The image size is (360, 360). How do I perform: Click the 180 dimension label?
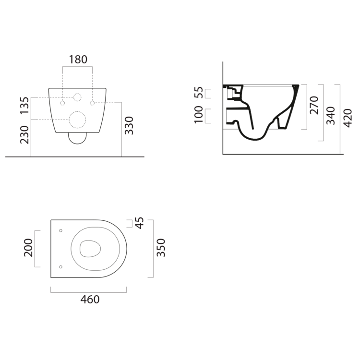78,60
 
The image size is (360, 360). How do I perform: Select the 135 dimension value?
24,106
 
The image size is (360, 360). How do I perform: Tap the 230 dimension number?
24,135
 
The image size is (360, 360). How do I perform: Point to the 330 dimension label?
129,126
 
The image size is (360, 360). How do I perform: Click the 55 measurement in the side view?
199,92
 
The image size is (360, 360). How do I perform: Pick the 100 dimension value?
199,115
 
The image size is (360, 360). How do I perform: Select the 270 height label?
314,106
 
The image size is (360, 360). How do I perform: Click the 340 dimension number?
331,116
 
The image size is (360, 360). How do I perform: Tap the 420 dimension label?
348,118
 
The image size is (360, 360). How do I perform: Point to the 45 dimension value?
139,223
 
